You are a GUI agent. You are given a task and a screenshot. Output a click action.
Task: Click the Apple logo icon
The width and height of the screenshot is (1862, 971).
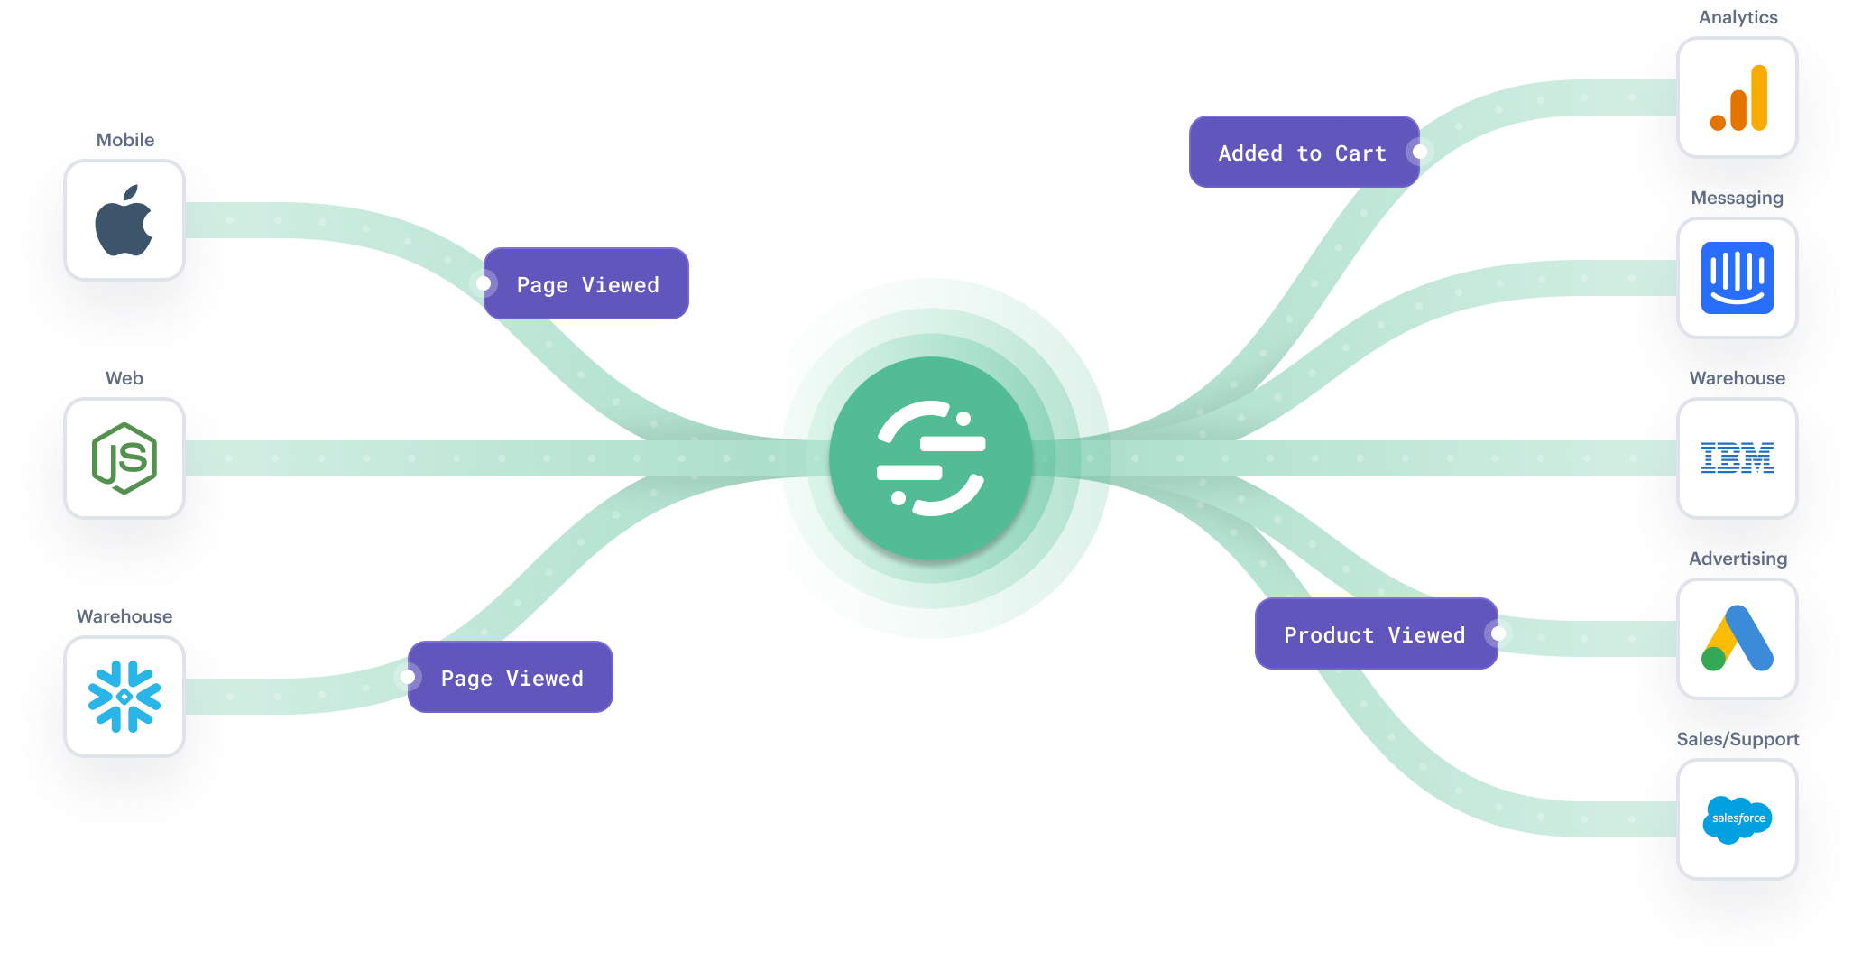point(124,221)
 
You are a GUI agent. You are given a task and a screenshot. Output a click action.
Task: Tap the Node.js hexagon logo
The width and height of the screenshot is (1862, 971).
point(124,458)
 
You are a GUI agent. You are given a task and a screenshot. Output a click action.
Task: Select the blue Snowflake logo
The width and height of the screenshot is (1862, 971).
point(124,697)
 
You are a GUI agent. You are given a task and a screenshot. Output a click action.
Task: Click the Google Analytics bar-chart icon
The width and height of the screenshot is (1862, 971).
point(1738,97)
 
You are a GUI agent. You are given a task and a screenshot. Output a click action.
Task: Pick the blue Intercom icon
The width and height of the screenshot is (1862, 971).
point(1738,278)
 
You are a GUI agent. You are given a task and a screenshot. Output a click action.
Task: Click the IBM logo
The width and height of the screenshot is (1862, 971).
point(1738,458)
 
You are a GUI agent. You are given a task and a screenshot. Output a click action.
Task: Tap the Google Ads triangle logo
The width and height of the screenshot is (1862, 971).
point(1738,639)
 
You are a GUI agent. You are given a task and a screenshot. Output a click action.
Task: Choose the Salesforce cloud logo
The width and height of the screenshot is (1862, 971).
point(1738,819)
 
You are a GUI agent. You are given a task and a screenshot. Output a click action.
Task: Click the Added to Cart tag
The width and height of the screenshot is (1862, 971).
point(1304,152)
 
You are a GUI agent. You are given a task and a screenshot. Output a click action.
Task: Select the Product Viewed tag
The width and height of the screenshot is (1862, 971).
point(1377,633)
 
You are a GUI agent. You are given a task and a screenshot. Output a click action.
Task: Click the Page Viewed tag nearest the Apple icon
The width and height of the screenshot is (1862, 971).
point(586,283)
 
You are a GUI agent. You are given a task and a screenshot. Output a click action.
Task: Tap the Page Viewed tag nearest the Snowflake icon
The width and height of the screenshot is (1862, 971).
point(511,677)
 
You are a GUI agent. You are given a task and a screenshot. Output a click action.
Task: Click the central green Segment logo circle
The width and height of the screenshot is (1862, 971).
point(931,458)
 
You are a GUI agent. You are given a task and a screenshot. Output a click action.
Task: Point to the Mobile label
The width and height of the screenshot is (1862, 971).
point(125,140)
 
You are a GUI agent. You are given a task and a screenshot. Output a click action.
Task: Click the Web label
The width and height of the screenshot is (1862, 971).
point(124,378)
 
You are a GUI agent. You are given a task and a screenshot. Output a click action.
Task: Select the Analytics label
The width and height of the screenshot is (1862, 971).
point(1738,18)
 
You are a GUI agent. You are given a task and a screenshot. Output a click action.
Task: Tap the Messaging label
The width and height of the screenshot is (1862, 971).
point(1738,199)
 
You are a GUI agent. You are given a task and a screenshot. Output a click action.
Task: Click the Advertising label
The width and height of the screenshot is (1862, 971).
point(1738,559)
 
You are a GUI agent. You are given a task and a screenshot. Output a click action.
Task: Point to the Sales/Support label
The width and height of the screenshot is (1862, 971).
point(1738,740)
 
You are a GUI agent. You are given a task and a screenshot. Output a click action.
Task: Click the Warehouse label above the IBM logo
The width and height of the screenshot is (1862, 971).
point(1738,378)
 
